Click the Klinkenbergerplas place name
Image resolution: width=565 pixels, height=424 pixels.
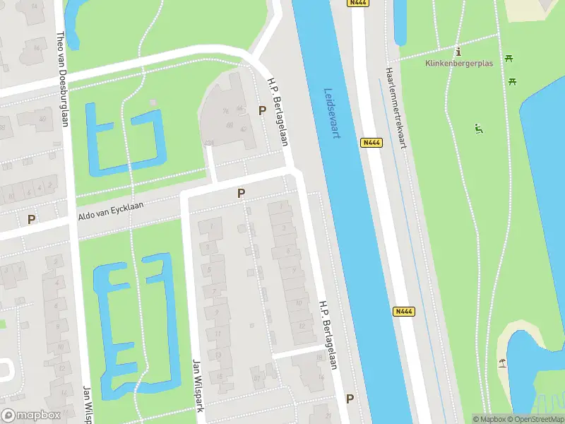point(458,63)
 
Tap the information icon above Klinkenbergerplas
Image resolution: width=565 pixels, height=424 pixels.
point(459,52)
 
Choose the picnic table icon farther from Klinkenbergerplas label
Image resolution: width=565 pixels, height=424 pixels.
point(513,81)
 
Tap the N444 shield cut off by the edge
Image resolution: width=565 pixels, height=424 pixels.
point(359,3)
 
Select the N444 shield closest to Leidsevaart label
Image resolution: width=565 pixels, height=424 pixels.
point(371,143)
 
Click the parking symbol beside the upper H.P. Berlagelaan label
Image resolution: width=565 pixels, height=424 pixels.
point(262,110)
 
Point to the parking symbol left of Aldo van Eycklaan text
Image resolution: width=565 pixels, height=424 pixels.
point(31,219)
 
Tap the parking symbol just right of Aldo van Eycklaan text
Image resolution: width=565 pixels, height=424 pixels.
point(242,193)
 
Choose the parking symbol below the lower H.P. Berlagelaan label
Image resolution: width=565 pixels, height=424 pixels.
point(350,399)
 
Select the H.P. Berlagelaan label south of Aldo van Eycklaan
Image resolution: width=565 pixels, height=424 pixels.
point(327,336)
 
